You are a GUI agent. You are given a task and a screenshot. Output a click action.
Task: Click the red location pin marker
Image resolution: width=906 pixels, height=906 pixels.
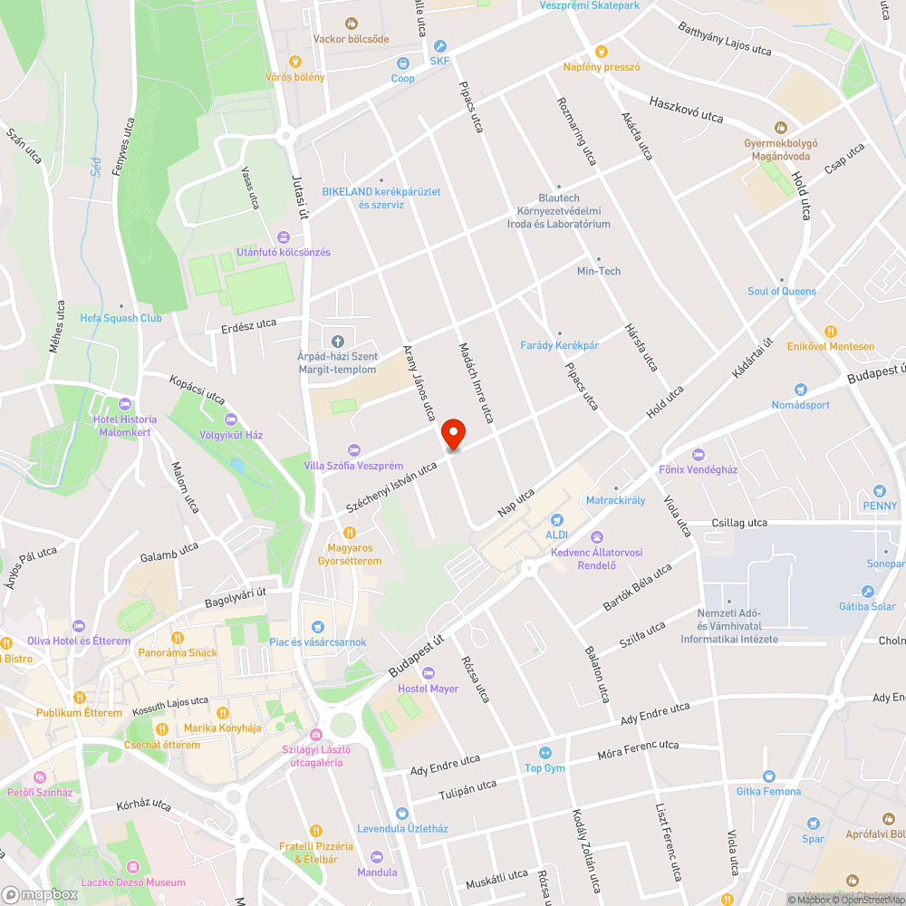click(x=453, y=433)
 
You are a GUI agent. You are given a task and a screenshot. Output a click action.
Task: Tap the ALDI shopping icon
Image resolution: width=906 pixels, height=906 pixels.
click(x=556, y=520)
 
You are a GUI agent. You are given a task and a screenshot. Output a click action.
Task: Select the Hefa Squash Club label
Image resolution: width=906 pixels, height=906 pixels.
click(x=121, y=318)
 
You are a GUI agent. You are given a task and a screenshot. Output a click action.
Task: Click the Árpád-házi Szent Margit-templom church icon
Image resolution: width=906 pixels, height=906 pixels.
click(x=337, y=342)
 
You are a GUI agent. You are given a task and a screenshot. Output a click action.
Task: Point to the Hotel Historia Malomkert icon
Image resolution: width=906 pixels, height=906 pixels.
click(x=125, y=403)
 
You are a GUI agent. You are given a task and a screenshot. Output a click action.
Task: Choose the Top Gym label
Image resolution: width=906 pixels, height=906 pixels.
click(x=545, y=768)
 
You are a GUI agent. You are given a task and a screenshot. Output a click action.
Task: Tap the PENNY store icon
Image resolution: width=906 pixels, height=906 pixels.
click(x=880, y=490)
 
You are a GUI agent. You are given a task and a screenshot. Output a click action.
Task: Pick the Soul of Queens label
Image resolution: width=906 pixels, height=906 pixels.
click(x=782, y=292)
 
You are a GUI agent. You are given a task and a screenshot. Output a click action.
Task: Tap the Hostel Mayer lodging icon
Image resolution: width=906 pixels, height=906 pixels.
click(x=429, y=673)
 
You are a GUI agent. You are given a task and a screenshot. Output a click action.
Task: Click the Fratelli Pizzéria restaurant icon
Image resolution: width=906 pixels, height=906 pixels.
click(x=315, y=830)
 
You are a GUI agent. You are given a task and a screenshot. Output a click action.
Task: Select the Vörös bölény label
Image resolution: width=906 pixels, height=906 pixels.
click(x=295, y=77)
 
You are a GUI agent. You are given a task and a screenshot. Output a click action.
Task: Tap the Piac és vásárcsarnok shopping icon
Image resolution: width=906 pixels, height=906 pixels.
click(x=317, y=626)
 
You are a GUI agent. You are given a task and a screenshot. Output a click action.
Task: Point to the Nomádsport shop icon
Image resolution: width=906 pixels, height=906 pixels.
click(x=800, y=389)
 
